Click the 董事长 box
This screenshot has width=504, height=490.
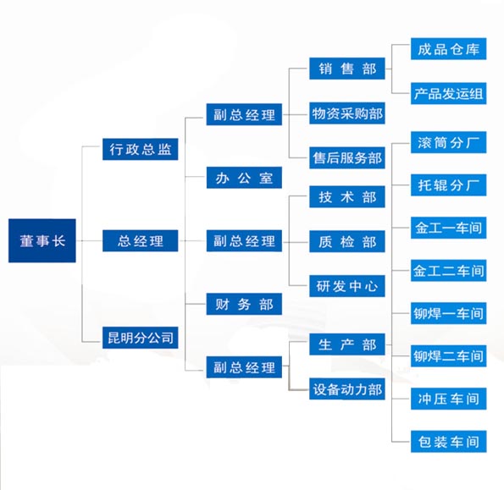(42, 240)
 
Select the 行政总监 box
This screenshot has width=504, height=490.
(140, 149)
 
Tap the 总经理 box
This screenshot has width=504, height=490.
(140, 240)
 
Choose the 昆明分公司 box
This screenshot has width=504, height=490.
(140, 338)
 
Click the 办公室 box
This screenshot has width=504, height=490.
(244, 177)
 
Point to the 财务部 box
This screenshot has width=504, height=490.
(244, 304)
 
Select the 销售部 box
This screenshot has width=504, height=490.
(347, 69)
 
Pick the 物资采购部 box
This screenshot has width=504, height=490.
(347, 113)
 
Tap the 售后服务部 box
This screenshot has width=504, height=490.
(347, 157)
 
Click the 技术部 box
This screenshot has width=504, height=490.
(347, 196)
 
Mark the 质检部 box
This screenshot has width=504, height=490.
(347, 241)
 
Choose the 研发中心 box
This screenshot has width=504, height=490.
(347, 286)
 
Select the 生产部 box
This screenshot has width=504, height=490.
(347, 344)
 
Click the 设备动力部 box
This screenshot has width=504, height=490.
(347, 388)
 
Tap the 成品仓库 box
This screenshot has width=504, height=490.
(448, 49)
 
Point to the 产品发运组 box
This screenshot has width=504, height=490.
(448, 93)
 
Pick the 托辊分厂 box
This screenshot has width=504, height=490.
(448, 185)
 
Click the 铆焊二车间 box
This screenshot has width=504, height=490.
(448, 356)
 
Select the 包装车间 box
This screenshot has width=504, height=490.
(448, 442)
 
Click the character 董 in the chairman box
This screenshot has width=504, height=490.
(26, 241)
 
